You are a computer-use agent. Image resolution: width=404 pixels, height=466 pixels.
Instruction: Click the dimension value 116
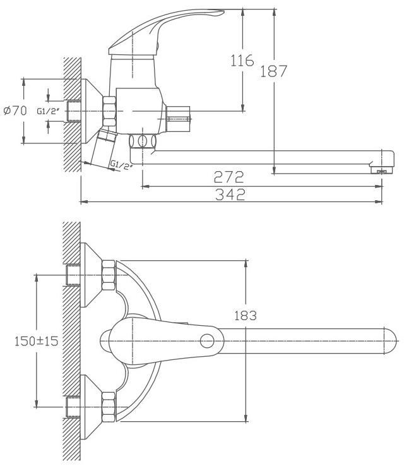[x=242, y=61]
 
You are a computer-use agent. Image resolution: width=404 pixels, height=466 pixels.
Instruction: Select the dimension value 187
[x=273, y=71]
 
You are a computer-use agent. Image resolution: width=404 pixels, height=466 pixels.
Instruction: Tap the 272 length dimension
[x=229, y=177]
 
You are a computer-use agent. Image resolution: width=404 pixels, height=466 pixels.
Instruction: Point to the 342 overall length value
[x=230, y=194]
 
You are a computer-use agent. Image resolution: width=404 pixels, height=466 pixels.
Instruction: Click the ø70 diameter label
[x=15, y=111]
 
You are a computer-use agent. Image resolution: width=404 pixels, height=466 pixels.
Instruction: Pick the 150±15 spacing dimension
[x=36, y=341]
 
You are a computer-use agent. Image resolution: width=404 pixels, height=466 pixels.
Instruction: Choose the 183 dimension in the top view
[x=246, y=316]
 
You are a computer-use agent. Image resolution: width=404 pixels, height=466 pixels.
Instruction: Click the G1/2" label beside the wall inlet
[x=48, y=111]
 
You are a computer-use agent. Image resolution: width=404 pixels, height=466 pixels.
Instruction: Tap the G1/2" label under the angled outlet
[x=121, y=165]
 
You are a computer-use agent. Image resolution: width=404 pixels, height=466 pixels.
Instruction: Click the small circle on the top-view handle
[x=207, y=341]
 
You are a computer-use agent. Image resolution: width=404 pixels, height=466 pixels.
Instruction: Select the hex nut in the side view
[x=109, y=111]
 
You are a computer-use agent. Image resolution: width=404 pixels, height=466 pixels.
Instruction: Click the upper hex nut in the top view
[x=109, y=275]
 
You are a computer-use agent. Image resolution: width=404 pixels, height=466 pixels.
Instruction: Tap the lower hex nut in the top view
[x=109, y=407]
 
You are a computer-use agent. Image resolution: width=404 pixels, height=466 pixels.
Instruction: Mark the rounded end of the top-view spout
[x=391, y=341]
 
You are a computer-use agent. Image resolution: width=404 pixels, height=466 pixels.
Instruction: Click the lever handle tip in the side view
[x=220, y=11]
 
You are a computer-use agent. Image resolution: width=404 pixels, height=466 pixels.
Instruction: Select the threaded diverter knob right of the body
[x=178, y=119]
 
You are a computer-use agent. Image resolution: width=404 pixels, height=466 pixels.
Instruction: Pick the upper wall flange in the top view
[x=91, y=275]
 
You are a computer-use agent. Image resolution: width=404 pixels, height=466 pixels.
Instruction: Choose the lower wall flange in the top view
[x=91, y=407]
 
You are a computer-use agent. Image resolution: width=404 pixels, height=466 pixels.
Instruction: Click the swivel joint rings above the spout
[x=143, y=141]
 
